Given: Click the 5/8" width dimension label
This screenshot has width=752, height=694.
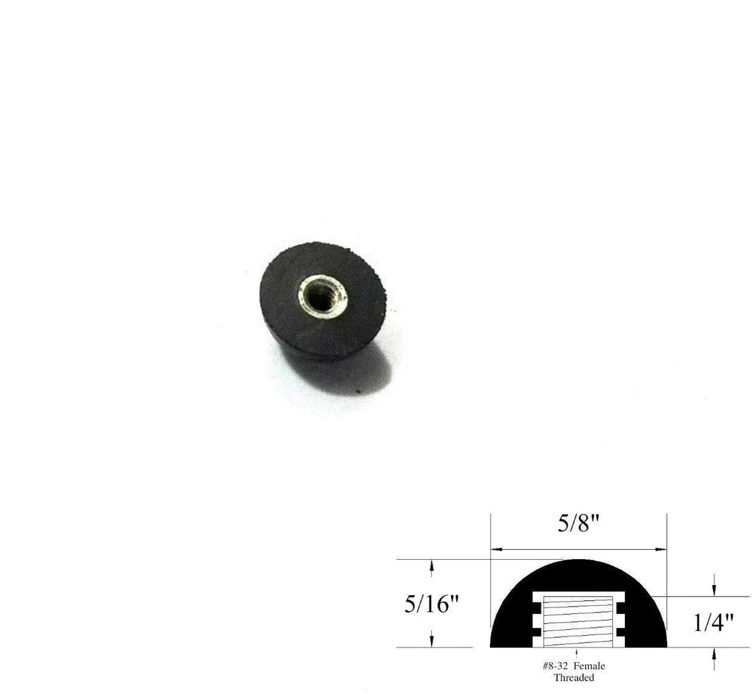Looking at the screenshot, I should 578,524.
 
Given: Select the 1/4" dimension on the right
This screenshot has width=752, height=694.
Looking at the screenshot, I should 713,623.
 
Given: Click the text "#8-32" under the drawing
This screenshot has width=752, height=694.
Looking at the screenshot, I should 554,666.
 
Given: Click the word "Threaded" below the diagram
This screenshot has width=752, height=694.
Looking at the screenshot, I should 573,677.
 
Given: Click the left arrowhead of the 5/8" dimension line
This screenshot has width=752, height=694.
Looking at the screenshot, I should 496,549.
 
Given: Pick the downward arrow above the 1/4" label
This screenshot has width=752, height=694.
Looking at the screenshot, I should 715,588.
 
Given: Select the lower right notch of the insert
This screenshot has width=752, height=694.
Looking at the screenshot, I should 620,631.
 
